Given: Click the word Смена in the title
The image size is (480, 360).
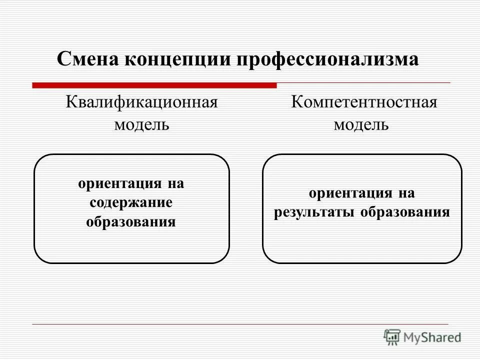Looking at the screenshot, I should (87, 59).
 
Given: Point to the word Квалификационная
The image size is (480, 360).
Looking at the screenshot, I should (142, 103).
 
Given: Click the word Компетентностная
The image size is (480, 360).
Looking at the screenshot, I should (364, 103).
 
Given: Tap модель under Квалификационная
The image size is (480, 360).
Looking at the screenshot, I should (141, 123).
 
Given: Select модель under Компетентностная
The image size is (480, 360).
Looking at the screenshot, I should (361, 123).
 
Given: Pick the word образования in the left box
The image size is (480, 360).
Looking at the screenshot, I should (131, 221).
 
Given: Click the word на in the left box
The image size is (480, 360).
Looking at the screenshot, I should (175, 183).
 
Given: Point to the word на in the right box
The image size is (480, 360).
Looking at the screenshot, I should (406, 193).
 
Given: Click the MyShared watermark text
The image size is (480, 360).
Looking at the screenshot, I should (433, 337).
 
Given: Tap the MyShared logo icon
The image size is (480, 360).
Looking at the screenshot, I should (392, 337).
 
